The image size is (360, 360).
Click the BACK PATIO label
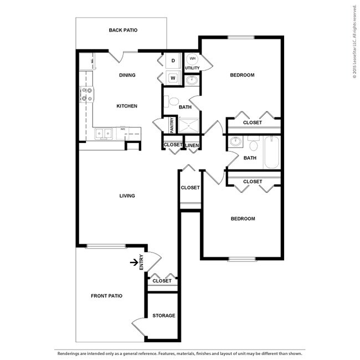click(x=123, y=30)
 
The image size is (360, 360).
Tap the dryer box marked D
click(x=173, y=60)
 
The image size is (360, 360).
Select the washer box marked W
click(x=173, y=78)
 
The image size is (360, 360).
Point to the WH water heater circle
click(x=192, y=58)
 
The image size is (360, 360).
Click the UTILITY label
click(x=192, y=68)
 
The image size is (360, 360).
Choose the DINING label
click(x=127, y=75)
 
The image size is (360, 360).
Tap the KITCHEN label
click(x=127, y=106)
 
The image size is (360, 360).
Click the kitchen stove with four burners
click(x=86, y=95)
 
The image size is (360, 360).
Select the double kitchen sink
click(x=103, y=133)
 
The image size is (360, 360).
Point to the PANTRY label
click(x=172, y=125)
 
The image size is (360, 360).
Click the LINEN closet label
click(x=192, y=145)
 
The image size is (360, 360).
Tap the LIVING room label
click(x=127, y=196)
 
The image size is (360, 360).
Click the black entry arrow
click(x=133, y=263)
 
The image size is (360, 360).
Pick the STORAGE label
click(x=163, y=316)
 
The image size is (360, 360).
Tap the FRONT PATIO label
click(x=106, y=296)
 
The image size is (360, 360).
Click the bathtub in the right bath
click(x=271, y=152)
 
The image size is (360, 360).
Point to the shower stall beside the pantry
click(x=190, y=125)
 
